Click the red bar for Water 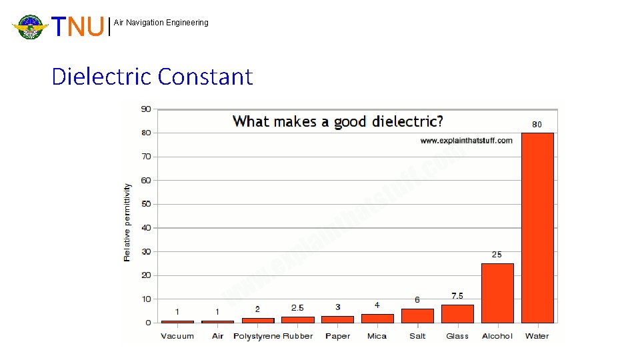pos(537,227)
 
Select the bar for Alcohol pos(497,293)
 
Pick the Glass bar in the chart pos(457,313)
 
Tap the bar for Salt pos(417,315)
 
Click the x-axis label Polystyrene pos(257,336)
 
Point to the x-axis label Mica pos(377,336)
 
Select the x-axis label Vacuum pos(177,336)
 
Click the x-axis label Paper pos(337,336)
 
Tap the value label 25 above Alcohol pos(497,255)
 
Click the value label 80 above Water pos(537,124)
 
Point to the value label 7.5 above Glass pos(457,296)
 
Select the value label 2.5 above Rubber pos(297,308)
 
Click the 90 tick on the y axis pos(145,109)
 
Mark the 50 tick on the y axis pos(145,204)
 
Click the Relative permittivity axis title pos(127,222)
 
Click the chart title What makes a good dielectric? pos(337,121)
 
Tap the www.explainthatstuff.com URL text pos(466,140)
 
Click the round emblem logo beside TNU pos(30,27)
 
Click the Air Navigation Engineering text pos(161,23)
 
